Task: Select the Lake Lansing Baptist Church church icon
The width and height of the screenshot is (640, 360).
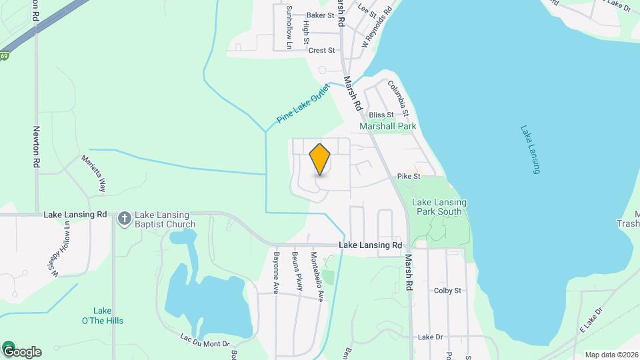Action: tap(124, 219)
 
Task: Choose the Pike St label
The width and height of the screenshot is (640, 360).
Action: tap(409, 177)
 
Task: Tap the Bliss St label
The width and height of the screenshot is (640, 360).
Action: tap(381, 115)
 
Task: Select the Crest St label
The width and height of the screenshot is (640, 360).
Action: tap(321, 50)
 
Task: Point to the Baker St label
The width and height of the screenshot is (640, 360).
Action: tap(320, 15)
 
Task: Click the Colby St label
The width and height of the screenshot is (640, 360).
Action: tap(447, 291)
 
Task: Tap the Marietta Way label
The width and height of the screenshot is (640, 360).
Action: tap(94, 174)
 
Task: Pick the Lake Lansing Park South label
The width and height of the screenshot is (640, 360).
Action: tap(439, 207)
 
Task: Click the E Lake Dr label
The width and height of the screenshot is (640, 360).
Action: tap(591, 321)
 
